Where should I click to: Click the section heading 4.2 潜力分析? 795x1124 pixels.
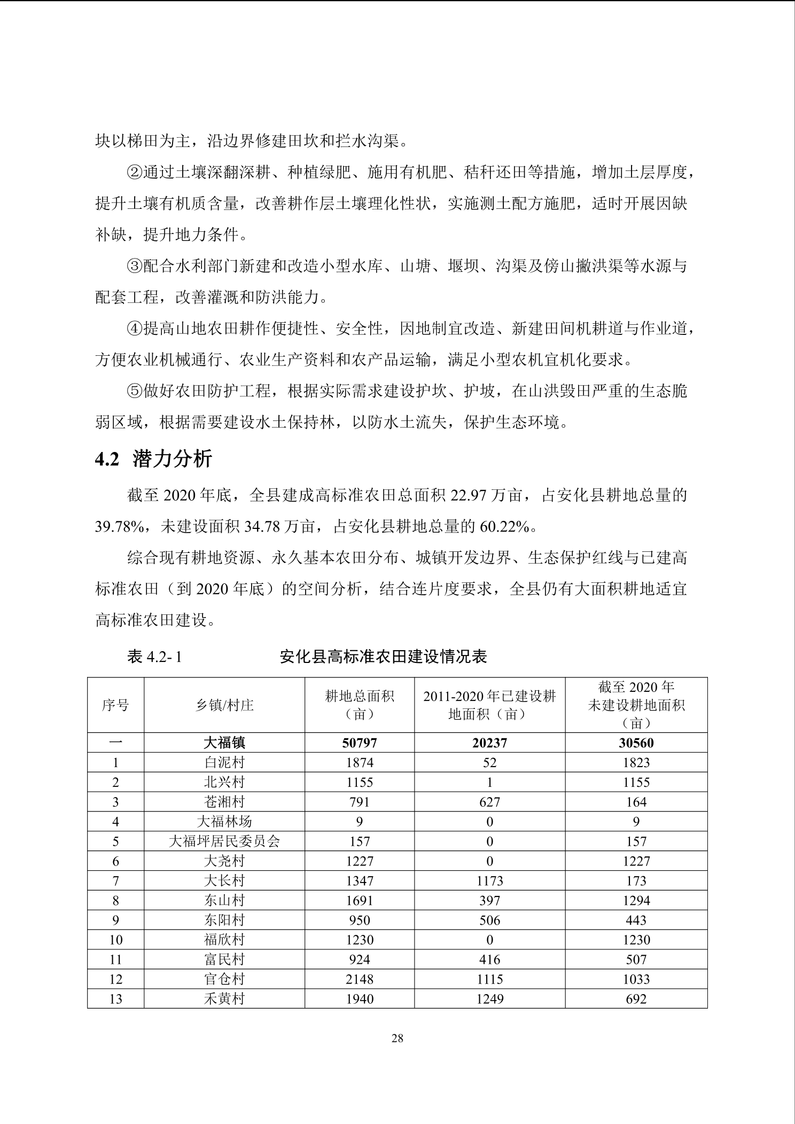pos(154,459)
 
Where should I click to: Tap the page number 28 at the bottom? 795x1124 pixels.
pos(397,1038)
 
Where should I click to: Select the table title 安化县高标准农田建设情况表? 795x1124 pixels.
pos(383,656)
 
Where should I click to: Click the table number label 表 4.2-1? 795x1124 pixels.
pos(154,657)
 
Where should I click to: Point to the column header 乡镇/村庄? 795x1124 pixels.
pos(224,705)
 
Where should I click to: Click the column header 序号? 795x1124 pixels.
pos(115,705)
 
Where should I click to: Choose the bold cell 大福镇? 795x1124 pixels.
pos(224,743)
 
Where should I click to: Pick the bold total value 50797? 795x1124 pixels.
pos(359,743)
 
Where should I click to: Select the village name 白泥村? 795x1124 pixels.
pos(224,762)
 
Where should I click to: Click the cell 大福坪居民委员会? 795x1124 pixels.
pos(224,841)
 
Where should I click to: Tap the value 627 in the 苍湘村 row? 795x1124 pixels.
pos(489,802)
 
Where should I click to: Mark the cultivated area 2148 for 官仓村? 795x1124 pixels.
pos(359,979)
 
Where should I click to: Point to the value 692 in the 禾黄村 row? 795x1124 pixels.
pos(636,999)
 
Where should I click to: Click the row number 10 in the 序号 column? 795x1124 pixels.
pos(115,940)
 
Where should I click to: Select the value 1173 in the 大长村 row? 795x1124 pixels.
pos(489,880)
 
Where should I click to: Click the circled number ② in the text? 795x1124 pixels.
pos(134,173)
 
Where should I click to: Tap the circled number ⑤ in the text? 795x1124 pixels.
pos(134,391)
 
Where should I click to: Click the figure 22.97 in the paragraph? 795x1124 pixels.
pos(468,496)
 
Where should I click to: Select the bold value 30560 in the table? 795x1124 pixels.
pos(636,743)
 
